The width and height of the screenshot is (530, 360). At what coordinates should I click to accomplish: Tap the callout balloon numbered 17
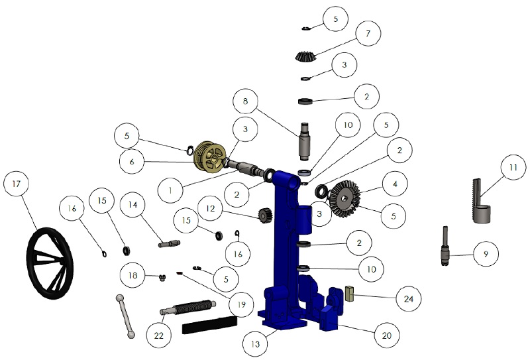[x=16, y=184]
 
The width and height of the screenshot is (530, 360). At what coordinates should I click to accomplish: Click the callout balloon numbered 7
[x=368, y=33]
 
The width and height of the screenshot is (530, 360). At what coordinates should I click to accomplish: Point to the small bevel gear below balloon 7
[x=305, y=56]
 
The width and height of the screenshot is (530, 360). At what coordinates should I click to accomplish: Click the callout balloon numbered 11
[x=513, y=167]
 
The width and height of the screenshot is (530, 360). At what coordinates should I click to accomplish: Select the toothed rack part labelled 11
[x=480, y=201]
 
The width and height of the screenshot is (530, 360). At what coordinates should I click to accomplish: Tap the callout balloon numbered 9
[x=486, y=254]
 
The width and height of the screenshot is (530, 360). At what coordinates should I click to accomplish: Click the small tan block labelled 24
[x=350, y=293]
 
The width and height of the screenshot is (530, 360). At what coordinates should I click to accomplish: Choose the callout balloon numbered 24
[x=409, y=299]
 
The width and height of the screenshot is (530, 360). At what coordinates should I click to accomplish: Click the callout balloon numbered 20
[x=387, y=335]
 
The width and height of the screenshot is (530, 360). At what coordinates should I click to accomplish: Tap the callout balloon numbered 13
[x=255, y=344]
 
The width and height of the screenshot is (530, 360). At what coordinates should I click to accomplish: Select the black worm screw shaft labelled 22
[x=188, y=307]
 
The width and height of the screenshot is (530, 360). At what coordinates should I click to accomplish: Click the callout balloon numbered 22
[x=159, y=335]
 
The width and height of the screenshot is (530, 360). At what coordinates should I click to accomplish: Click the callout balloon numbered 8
[x=245, y=101]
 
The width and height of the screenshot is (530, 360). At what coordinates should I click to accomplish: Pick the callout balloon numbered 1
[x=171, y=190]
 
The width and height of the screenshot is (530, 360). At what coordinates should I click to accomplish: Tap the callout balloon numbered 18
[x=133, y=275]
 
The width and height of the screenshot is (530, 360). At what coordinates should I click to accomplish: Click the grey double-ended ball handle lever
[x=125, y=316]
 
